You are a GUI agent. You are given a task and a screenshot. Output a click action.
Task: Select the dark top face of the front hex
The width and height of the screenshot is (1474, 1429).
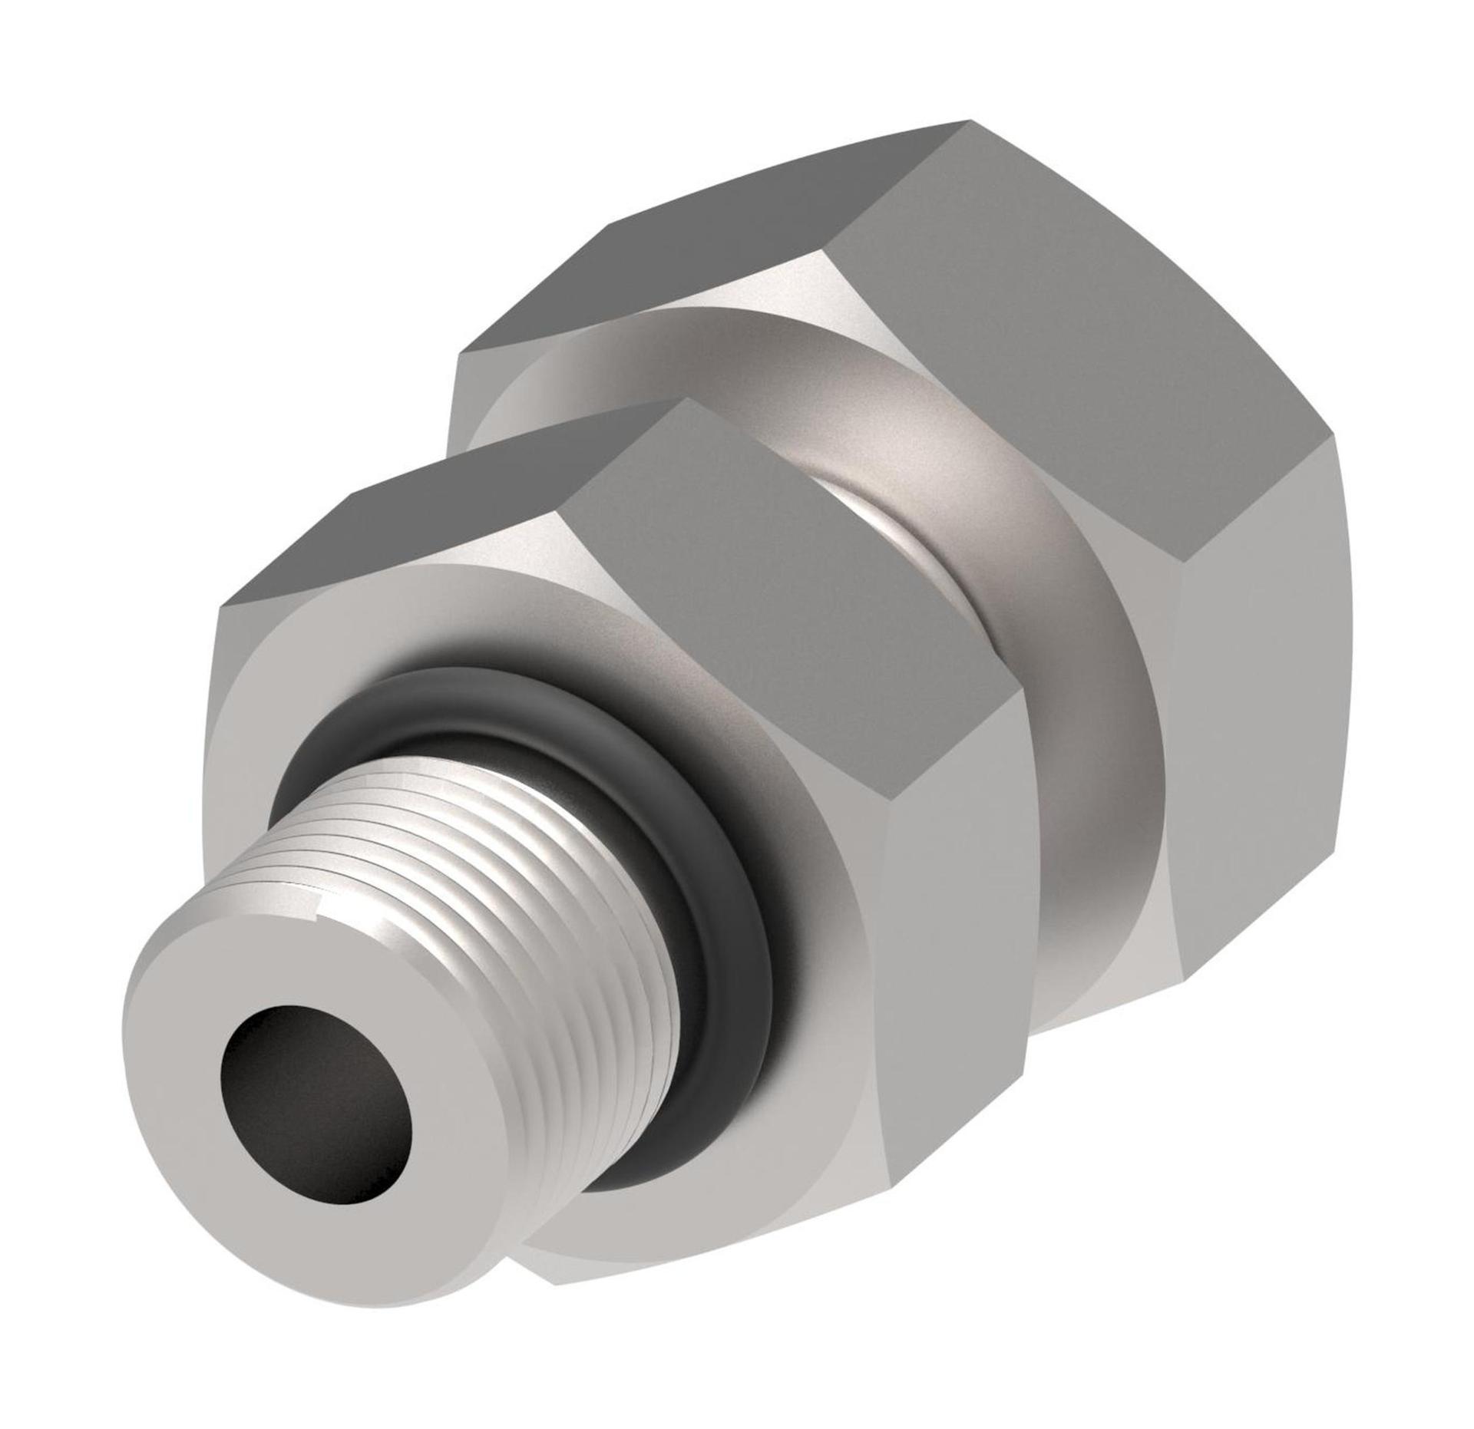pos(430,537)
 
